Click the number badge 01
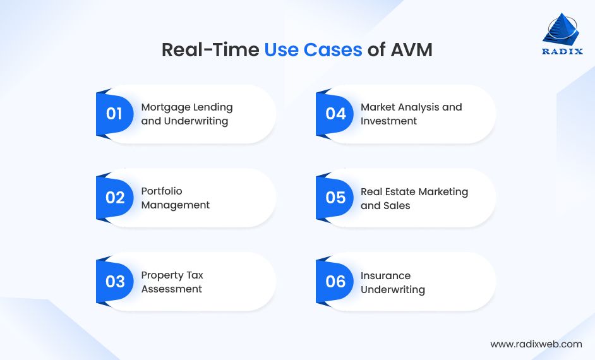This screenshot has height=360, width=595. coord(114,114)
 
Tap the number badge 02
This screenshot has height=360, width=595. coord(115,198)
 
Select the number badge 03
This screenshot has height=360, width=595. coord(115,281)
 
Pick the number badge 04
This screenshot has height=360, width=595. coord(335,114)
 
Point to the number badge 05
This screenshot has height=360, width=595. coord(335,198)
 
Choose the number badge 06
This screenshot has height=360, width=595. coord(335,281)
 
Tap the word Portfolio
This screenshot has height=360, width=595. coord(162,191)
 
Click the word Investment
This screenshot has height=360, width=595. coord(389,121)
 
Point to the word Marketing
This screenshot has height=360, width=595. coord(442,191)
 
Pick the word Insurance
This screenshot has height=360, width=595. coord(385,275)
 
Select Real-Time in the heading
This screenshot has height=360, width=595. coord(210,50)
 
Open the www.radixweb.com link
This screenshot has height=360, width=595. coord(536,344)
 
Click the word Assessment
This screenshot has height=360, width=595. coord(172,289)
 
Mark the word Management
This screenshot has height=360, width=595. coord(176,205)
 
